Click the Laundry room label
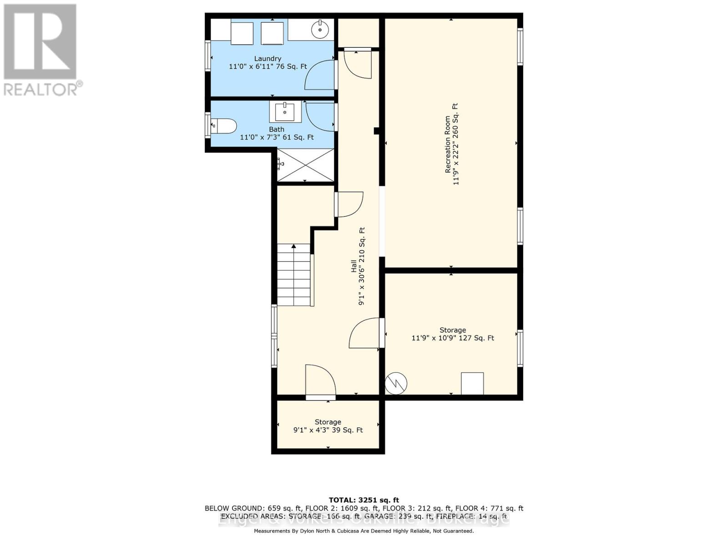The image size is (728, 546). pyautogui.click(x=268, y=59)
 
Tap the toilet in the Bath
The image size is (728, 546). pyautogui.click(x=223, y=126)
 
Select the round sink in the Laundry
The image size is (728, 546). pyautogui.click(x=320, y=30)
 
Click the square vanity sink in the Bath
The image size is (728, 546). pyautogui.click(x=285, y=112)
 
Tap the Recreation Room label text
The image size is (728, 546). pyautogui.click(x=448, y=144)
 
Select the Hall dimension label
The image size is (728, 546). pyautogui.click(x=361, y=266)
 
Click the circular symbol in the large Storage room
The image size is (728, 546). pyautogui.click(x=396, y=384)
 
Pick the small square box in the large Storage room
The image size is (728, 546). pyautogui.click(x=472, y=384)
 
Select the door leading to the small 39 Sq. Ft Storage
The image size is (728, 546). pyautogui.click(x=321, y=381)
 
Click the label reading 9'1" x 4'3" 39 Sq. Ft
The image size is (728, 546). pyautogui.click(x=328, y=430)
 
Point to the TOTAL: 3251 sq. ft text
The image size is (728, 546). pyautogui.click(x=364, y=500)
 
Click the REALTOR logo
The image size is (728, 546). pyautogui.click(x=41, y=50)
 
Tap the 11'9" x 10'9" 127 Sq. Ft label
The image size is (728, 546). pyautogui.click(x=453, y=338)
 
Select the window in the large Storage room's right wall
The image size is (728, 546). pyautogui.click(x=520, y=348)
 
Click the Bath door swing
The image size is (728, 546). pyautogui.click(x=321, y=116)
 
